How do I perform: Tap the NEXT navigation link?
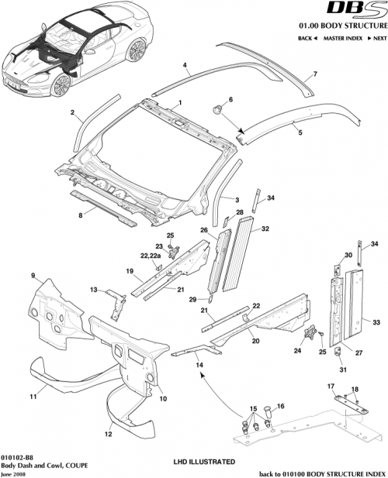379,37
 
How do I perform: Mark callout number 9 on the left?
33,276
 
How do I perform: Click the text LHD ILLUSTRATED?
203,461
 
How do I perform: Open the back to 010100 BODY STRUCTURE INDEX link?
320,471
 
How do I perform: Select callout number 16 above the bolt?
281,405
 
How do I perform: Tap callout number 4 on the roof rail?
185,67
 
